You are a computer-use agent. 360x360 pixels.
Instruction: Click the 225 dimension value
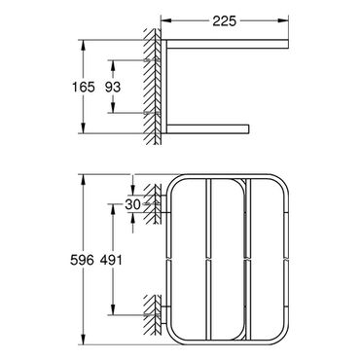click(x=225, y=21)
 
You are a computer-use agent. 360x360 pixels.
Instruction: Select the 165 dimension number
click(x=84, y=87)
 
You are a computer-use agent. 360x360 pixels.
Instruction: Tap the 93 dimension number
click(x=113, y=87)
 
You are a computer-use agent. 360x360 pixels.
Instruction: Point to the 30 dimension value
click(x=133, y=204)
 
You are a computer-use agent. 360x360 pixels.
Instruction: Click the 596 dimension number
click(x=82, y=260)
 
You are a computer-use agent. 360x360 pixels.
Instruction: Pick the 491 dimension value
click(x=111, y=260)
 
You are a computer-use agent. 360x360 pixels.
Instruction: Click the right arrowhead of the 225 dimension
click(x=284, y=20)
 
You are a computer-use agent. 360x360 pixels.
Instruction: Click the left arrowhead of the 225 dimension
click(x=165, y=20)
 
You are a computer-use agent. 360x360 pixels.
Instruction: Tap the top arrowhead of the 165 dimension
click(x=84, y=45)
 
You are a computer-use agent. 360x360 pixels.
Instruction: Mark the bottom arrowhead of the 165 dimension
click(x=84, y=128)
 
